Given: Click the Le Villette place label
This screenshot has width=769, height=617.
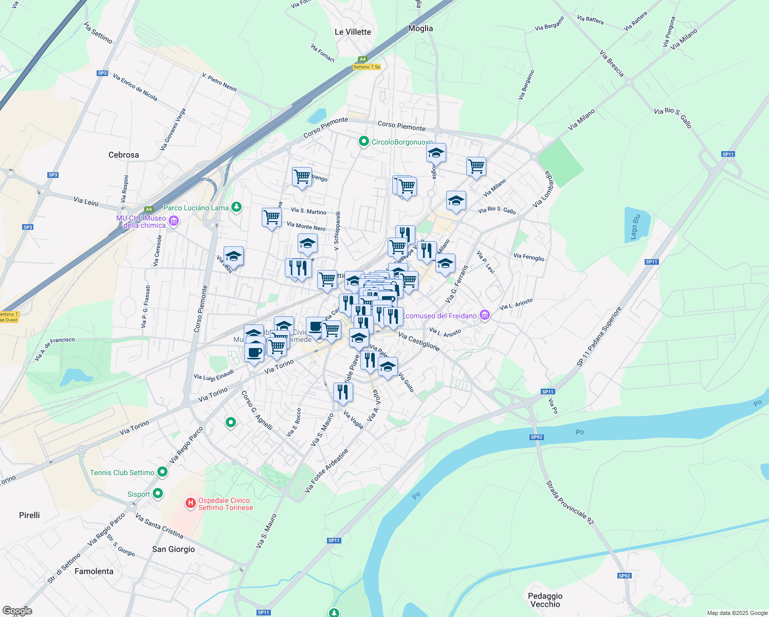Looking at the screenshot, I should (x=353, y=32).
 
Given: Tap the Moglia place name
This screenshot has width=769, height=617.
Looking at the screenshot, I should (x=420, y=28).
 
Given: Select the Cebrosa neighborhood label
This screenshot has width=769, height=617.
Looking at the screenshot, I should (x=123, y=155).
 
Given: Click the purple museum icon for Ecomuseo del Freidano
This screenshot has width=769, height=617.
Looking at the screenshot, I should (x=484, y=315).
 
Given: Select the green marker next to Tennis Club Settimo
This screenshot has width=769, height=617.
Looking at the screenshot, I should (x=162, y=471).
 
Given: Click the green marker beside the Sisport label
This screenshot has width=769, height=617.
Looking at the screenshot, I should (x=158, y=494).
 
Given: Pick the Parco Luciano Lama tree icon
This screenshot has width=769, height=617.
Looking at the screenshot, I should (x=236, y=207).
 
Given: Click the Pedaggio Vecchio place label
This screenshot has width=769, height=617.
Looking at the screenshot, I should (x=545, y=600).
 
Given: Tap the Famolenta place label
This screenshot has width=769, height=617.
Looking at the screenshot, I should (x=94, y=571).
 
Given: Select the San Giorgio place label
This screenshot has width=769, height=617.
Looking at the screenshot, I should (x=173, y=549).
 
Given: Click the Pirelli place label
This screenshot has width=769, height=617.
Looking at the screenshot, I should (x=29, y=515).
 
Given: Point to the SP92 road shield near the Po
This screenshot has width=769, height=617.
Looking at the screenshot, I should (x=536, y=437).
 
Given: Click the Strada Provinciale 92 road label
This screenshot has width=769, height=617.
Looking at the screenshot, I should (x=570, y=503).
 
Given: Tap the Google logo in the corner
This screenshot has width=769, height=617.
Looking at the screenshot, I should (x=17, y=611).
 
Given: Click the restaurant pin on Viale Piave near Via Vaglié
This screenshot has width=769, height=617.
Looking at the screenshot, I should (x=343, y=392).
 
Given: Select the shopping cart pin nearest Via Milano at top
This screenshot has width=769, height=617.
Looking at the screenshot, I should (x=476, y=167).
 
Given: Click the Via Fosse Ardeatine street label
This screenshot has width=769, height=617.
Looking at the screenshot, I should (x=326, y=470).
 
